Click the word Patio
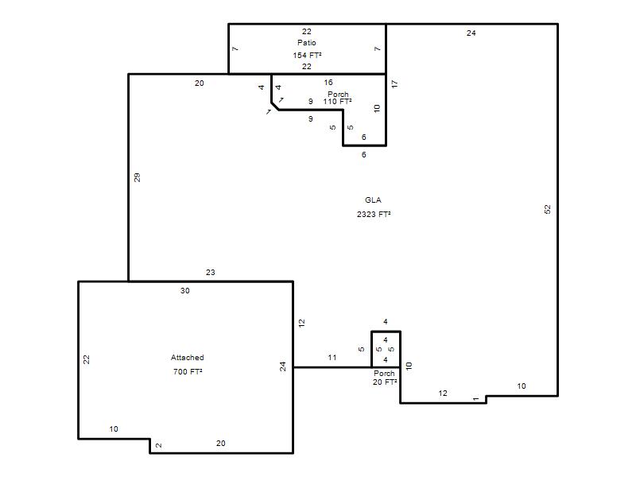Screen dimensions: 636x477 coord(307,43)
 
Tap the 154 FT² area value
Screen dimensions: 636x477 coord(307,55)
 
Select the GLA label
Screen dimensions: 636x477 coord(373,200)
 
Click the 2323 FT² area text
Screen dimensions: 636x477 coord(374,214)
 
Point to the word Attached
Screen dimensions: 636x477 coord(188,357)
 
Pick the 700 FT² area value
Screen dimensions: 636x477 coord(188,371)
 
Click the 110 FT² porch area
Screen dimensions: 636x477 coord(337,102)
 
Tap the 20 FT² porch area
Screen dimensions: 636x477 coord(385,382)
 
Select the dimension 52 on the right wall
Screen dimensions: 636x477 coord(548,209)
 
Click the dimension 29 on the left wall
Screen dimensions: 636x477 coord(137,177)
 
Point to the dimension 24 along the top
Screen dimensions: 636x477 coord(471,33)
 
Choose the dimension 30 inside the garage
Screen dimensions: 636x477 coord(185,291)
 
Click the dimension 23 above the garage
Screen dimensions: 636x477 coord(210,273)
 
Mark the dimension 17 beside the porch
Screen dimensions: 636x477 coord(394,84)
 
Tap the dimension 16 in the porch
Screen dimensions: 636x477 coord(328,83)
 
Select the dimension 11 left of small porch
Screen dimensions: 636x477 coord(332,357)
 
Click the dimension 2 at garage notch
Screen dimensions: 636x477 coord(158,445)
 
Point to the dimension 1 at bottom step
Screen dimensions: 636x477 coord(475,399)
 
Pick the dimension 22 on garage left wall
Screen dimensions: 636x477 coord(87,359)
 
